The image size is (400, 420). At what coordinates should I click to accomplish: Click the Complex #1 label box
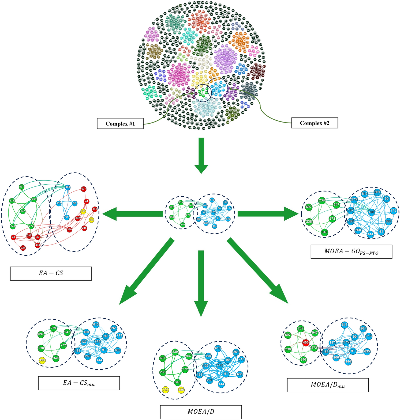[120, 124]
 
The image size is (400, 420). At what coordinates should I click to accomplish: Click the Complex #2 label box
[314, 123]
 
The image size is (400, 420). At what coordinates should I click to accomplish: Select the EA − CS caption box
[51, 273]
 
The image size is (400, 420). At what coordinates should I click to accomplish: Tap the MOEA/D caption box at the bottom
[201, 412]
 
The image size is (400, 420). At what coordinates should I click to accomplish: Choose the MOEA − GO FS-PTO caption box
[351, 251]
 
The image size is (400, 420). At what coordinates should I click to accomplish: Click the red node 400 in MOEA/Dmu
[306, 342]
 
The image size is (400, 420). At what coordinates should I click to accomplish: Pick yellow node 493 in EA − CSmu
[42, 360]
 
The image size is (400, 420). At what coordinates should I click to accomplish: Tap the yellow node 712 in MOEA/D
[166, 390]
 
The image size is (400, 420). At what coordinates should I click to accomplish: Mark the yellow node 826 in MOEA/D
[181, 390]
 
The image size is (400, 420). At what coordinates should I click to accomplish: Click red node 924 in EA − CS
[23, 248]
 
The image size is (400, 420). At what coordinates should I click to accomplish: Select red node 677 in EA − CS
[84, 189]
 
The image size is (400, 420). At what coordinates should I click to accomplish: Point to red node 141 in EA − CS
[95, 209]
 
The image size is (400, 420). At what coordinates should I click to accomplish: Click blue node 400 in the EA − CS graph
[68, 187]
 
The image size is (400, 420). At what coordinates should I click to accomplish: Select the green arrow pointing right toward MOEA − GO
[268, 213]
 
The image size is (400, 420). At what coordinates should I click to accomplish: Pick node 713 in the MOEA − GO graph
[393, 211]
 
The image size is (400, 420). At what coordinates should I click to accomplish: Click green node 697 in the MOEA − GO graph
[308, 207]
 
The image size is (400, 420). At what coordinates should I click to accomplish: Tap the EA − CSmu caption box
[79, 383]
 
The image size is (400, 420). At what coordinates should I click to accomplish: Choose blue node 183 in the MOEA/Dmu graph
[326, 352]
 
